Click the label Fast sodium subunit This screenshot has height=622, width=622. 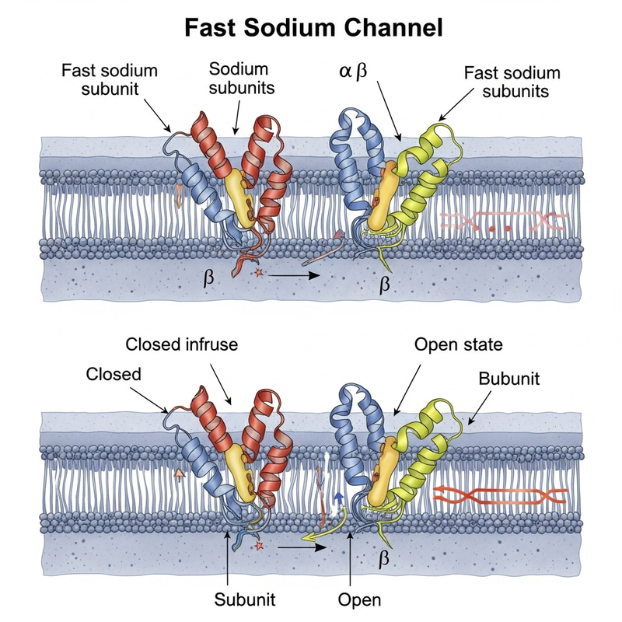[110, 79]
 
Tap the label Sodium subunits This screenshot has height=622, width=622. [242, 78]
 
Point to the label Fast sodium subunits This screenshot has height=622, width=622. [512, 82]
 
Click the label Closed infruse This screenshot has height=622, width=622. [182, 344]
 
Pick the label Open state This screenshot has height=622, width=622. [459, 344]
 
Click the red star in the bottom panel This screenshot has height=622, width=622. [257, 547]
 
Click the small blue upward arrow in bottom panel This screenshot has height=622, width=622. [338, 498]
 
